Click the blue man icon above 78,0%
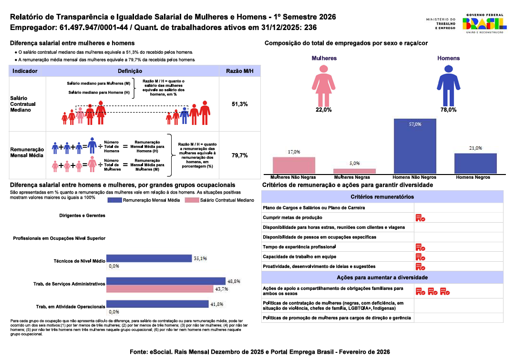(448, 85)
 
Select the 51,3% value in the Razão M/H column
(240, 104)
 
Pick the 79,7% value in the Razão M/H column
(240, 155)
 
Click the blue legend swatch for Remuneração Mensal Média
(114, 200)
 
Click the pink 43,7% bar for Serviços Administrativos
(159, 288)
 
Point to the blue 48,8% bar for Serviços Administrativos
(165, 281)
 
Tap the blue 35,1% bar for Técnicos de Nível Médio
(149, 258)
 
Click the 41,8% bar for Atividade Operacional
(157, 304)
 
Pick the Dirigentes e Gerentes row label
(82, 216)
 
